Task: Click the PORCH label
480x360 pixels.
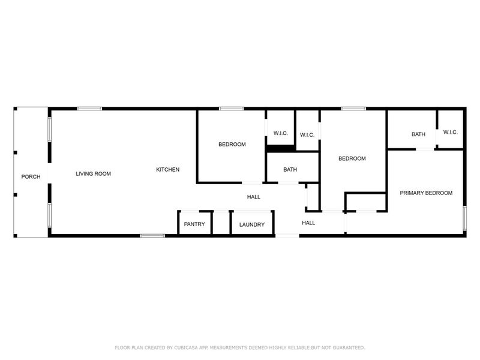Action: coord(31,176)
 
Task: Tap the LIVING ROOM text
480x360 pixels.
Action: coord(93,174)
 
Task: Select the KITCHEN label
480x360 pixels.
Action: coord(168,170)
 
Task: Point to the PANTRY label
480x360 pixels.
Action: coord(194,224)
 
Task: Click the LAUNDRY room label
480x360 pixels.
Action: coord(252,225)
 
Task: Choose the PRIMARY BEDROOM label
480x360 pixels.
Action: coord(426,193)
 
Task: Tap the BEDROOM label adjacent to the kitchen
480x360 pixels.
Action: coord(232,144)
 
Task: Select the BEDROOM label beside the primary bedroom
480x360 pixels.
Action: coord(352,159)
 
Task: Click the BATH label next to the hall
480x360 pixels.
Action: coord(290,170)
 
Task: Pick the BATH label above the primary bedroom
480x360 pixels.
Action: coord(418,134)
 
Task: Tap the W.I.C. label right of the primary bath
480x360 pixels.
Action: coord(451,132)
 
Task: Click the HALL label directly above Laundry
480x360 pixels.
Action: coord(254,197)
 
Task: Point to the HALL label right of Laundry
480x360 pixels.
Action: coord(308,223)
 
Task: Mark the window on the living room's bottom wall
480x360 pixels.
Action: coord(152,236)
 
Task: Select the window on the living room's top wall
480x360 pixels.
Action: coord(89,109)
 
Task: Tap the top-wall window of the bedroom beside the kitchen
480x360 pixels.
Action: coord(231,109)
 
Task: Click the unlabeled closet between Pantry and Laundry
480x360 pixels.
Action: coord(221,223)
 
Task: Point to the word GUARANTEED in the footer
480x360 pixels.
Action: coord(346,347)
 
